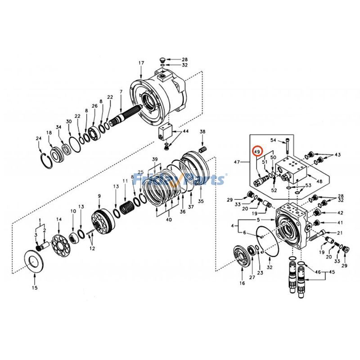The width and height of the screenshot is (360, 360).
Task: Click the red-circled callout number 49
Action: coord(257,153)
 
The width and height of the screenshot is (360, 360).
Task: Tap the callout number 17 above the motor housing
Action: coord(141,63)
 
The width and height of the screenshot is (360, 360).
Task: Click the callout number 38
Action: coord(202,132)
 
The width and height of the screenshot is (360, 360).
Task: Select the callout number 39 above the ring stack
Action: coord(155,160)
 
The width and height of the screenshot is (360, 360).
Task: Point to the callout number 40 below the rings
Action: coord(169,220)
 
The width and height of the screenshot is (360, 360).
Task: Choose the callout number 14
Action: coord(58,219)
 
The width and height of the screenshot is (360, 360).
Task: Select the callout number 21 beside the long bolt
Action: coord(339,233)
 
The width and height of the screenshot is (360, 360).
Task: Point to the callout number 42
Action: coord(340,213)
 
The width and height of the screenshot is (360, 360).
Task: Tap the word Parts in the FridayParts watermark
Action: coord(207,180)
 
